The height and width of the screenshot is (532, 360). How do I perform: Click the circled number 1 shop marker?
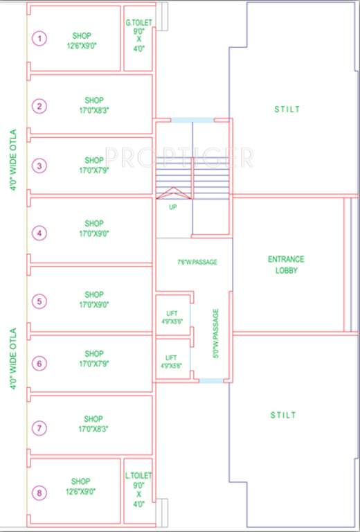pyautogui.click(x=40, y=39)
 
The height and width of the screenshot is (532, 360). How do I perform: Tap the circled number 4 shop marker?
pyautogui.click(x=40, y=233)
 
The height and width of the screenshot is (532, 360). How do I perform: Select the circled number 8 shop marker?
pyautogui.click(x=40, y=493)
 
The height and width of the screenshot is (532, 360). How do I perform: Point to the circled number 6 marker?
pyautogui.click(x=40, y=363)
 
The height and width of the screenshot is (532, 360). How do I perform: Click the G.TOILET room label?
pyautogui.click(x=138, y=24)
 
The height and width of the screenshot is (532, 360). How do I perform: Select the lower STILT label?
pyautogui.click(x=283, y=415)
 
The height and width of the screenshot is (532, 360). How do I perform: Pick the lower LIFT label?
pyautogui.click(x=170, y=357)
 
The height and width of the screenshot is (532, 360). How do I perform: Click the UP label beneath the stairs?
pyautogui.click(x=172, y=206)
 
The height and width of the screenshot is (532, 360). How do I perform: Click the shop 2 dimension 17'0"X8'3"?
pyautogui.click(x=94, y=109)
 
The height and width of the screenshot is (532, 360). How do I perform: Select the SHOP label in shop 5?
pyautogui.click(x=94, y=294)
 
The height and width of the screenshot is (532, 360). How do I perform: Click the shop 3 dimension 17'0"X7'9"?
pyautogui.click(x=94, y=168)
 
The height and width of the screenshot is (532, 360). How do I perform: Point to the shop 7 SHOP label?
pyautogui.click(x=93, y=419)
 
